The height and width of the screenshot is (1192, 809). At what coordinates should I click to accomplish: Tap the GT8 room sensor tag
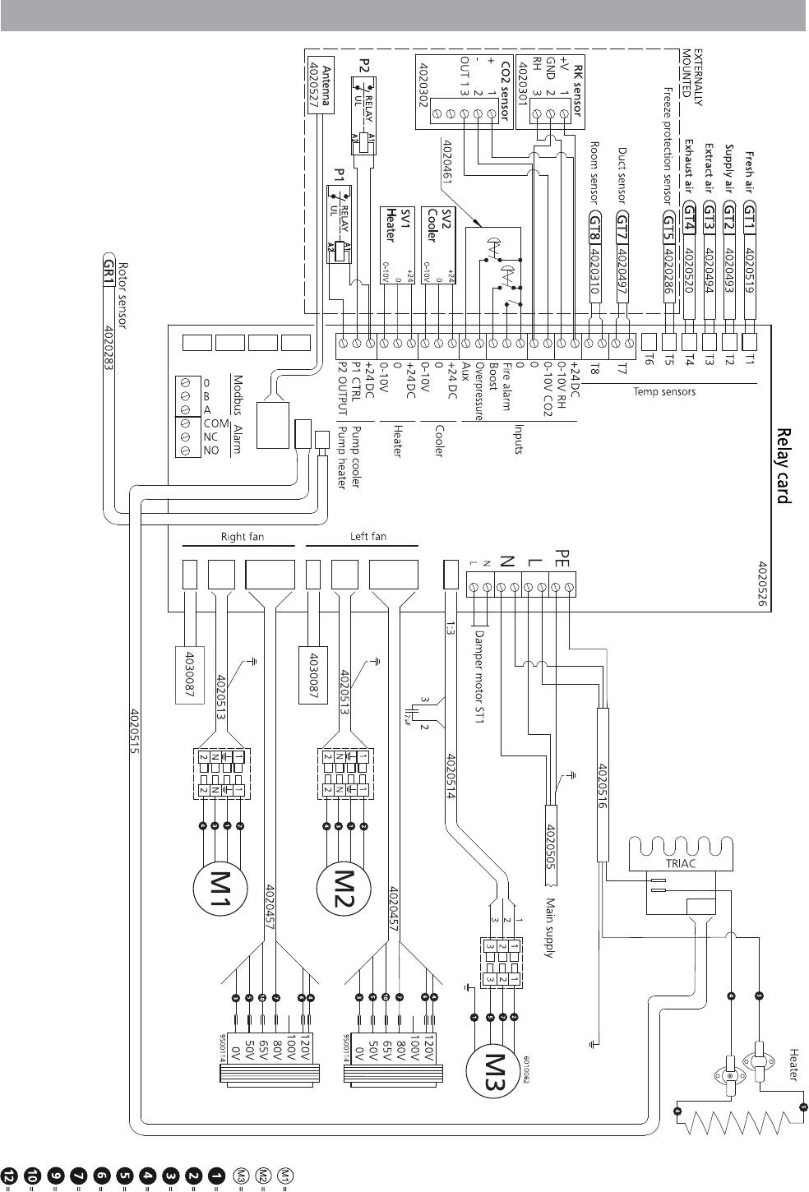tap(595, 224)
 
